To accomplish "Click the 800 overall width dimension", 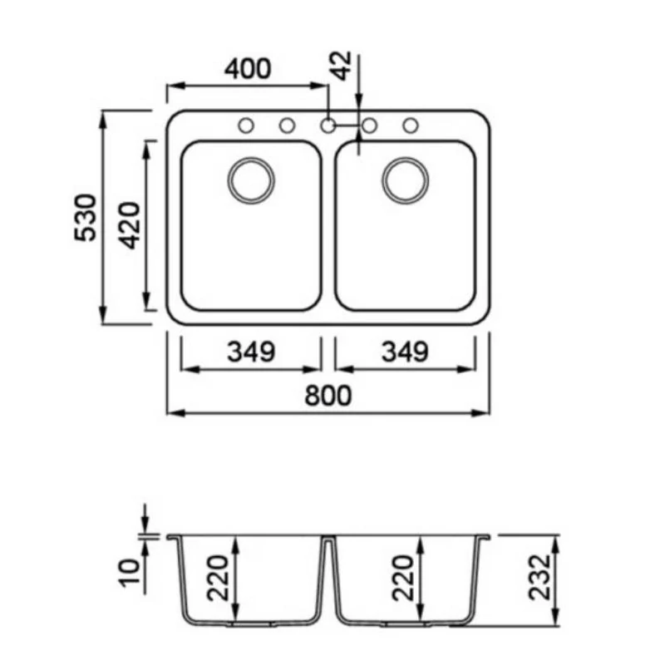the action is tap(328, 396).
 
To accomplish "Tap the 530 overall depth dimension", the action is tap(86, 218).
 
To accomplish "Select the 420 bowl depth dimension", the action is tap(129, 225).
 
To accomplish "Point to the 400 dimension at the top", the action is tap(247, 69).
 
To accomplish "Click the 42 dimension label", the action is tap(342, 66).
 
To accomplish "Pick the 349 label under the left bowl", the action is tap(251, 352).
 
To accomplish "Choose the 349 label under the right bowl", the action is tap(405, 352).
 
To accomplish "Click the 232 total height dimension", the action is tap(539, 577).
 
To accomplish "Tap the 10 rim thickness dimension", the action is tap(131, 573).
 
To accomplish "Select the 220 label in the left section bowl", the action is tap(219, 578).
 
